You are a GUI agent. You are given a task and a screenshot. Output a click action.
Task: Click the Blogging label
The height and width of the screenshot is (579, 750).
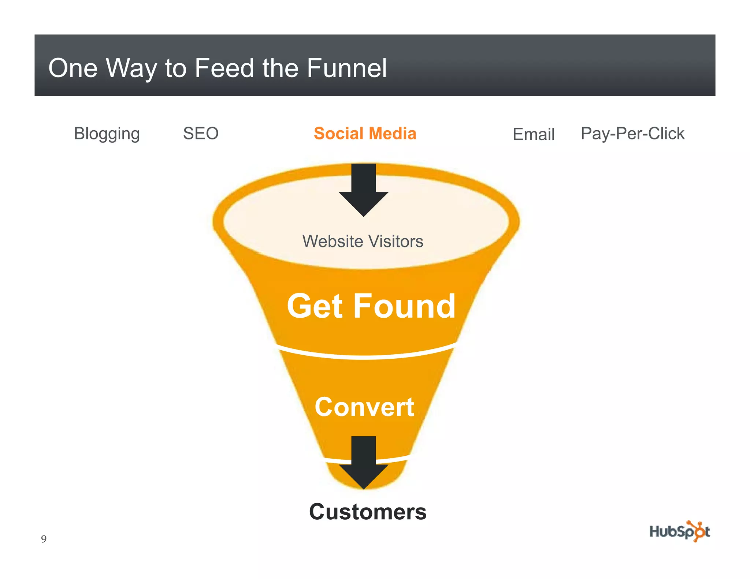(x=107, y=134)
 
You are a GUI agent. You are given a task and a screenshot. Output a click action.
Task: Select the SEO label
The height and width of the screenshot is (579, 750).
(x=201, y=133)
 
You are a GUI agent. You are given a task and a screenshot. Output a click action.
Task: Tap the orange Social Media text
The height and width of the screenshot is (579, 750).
(x=365, y=133)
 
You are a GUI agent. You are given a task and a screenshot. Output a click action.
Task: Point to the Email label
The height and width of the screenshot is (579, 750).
(x=534, y=134)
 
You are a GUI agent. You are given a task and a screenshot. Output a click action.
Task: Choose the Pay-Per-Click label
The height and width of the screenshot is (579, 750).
(x=632, y=134)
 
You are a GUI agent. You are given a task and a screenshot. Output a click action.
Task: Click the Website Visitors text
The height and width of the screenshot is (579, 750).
(x=363, y=241)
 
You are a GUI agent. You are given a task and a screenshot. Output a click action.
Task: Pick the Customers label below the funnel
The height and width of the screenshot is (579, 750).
(x=368, y=511)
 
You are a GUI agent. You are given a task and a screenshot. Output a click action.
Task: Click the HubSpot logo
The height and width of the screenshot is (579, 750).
(x=679, y=531)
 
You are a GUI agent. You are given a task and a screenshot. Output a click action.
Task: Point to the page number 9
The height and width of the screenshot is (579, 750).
(x=44, y=539)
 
